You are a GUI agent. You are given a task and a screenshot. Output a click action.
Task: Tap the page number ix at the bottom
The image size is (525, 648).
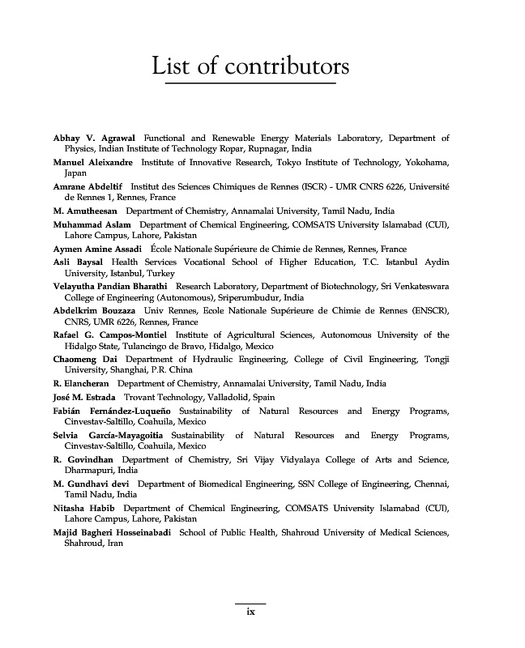250,612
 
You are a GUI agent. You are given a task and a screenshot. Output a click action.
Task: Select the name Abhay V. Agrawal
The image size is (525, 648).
94,139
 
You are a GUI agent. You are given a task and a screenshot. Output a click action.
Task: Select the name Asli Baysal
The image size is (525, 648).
78,262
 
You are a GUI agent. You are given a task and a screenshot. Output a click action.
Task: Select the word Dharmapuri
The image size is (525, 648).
89,470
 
